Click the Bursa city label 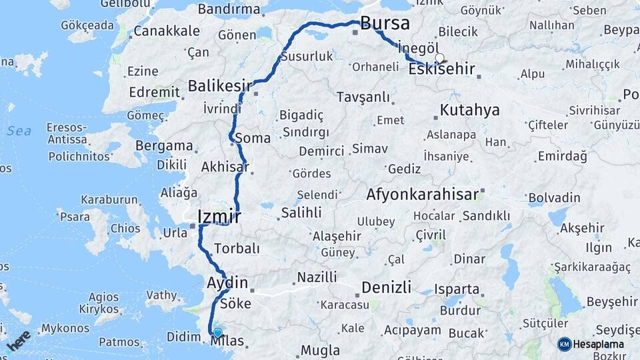(385, 24)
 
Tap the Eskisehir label (441, 69)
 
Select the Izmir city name (219, 217)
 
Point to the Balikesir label (220, 86)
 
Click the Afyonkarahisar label (422, 195)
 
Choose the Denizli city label (386, 288)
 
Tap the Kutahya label (470, 111)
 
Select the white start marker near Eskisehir (440, 58)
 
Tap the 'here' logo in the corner (19, 341)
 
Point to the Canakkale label (167, 31)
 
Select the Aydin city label (228, 283)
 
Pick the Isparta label (457, 289)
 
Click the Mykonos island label (65, 329)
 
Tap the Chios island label (125, 228)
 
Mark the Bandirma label (229, 9)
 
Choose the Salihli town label (301, 213)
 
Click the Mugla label (320, 350)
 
